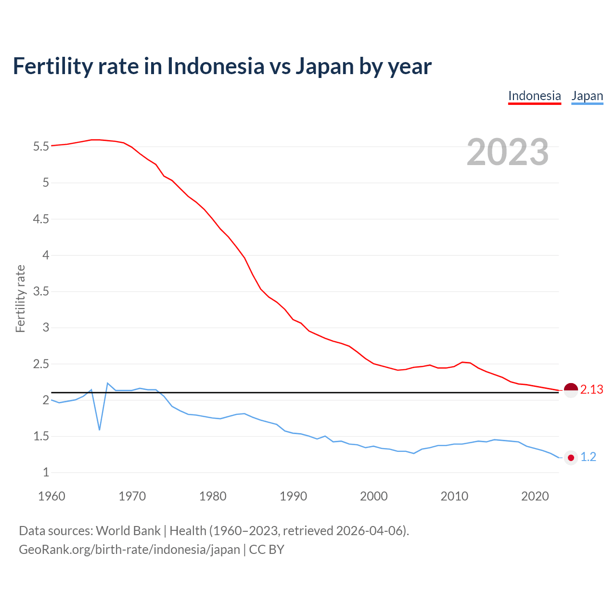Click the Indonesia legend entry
[x=534, y=96]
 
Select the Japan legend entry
[x=587, y=96]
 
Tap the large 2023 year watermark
[x=508, y=152]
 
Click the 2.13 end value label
[x=591, y=390]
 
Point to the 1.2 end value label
[x=588, y=457]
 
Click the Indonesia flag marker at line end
[x=571, y=390]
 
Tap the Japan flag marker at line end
[x=571, y=458]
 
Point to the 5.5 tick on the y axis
[x=41, y=146]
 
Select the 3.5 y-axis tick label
[x=41, y=292]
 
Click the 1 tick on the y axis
[x=46, y=473]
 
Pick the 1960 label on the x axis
[x=51, y=496]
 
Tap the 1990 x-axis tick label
[x=293, y=496]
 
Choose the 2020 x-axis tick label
[x=535, y=496]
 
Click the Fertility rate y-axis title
[x=20, y=298]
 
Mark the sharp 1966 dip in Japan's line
[x=100, y=429]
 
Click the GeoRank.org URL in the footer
[x=129, y=550]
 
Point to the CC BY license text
[x=267, y=550]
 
